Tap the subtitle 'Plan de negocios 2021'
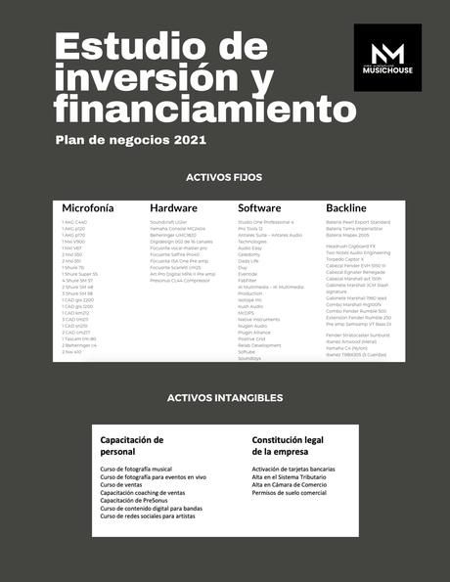coord(131,140)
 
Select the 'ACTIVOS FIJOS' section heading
coord(224,178)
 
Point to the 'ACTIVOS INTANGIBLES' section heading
coord(225,398)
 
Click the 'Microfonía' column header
coord(88,208)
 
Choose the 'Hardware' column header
coord(173,208)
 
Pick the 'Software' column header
coord(259,208)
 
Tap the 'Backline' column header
coord(346,208)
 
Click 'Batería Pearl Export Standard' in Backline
coord(357,222)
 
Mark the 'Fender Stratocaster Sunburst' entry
coord(358,335)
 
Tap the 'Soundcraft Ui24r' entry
coord(168,222)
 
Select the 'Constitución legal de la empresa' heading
coord(290,446)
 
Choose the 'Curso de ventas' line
coord(121,485)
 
